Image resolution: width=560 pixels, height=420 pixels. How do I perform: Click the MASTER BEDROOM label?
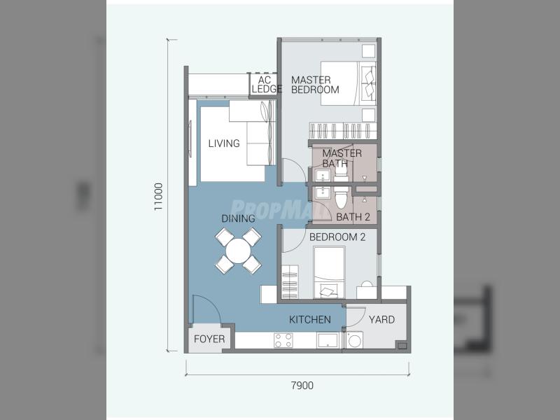[x=315, y=85]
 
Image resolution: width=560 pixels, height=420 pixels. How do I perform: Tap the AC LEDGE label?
[x=266, y=85]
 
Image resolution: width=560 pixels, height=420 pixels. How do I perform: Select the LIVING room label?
[x=224, y=143]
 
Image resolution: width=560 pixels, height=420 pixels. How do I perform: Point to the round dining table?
[x=238, y=251]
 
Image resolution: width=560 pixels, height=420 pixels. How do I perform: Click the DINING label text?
[x=238, y=218]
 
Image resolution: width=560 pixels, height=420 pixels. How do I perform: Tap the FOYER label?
[x=209, y=339]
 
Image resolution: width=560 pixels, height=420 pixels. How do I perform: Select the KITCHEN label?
[x=310, y=319]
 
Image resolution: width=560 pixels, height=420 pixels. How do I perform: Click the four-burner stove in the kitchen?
[x=283, y=340]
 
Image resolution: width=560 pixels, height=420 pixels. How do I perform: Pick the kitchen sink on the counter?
[x=328, y=340]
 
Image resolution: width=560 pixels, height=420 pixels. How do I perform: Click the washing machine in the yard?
[x=354, y=340]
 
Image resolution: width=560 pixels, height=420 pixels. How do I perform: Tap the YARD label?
[x=381, y=319]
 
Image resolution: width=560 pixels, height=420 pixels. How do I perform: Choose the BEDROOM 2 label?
[x=337, y=237]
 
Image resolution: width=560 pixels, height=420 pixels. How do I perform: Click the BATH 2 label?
[x=353, y=217]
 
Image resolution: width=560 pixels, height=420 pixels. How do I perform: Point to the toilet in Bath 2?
[x=342, y=198]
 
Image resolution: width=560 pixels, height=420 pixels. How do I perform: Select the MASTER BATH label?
[x=342, y=158]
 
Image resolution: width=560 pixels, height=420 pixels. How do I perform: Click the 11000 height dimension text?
[x=158, y=197]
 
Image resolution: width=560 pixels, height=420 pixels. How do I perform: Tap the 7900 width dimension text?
[x=302, y=386]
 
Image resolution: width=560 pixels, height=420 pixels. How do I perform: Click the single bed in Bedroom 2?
[x=329, y=272]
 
